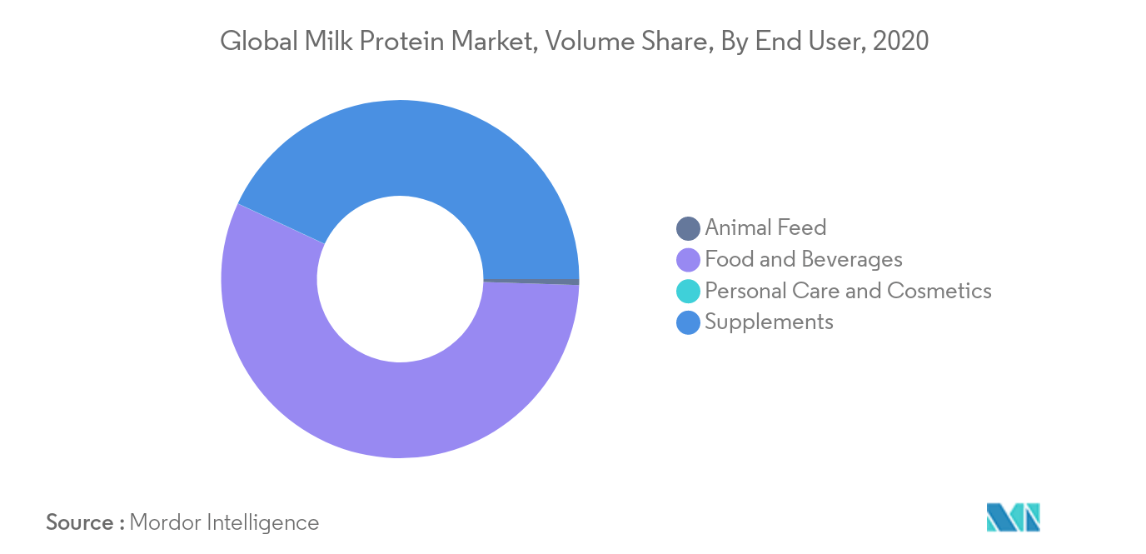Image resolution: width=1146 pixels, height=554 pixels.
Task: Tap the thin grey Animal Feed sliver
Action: tap(532, 282)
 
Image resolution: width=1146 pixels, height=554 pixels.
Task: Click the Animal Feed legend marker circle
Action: tap(688, 228)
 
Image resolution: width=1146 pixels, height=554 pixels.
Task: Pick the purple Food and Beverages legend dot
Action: tap(688, 260)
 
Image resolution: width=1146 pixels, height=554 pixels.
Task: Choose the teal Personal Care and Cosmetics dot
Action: tap(688, 291)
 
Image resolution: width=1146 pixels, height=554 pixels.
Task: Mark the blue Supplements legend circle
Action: tap(688, 322)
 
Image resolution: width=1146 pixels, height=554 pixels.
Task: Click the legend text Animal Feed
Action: tap(766, 227)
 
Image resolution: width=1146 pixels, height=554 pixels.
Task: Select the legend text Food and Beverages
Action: tap(804, 259)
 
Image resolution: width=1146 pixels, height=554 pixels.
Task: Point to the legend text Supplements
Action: tap(770, 322)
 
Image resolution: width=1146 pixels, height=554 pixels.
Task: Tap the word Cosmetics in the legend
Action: tap(939, 291)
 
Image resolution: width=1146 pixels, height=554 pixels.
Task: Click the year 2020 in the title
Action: tap(900, 41)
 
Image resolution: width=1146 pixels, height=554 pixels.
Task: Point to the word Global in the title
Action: tap(259, 41)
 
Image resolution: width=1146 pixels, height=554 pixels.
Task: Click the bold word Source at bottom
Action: tap(80, 523)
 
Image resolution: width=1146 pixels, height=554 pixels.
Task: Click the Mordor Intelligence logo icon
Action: tap(1013, 517)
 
